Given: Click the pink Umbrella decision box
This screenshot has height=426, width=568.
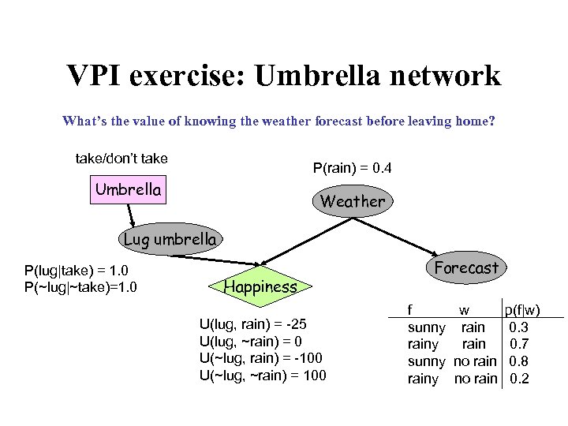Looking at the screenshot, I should click(x=128, y=190).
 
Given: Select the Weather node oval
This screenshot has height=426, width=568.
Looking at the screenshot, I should click(x=352, y=201).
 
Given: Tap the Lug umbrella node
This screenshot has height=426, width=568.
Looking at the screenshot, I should click(x=169, y=239).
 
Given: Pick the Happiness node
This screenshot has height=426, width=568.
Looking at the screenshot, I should click(x=261, y=287).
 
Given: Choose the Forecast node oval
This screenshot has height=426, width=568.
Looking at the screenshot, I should click(x=466, y=268).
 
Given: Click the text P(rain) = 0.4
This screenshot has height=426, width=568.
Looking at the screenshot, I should click(x=352, y=169).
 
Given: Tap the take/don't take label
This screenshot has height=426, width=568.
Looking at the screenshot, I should click(x=121, y=159).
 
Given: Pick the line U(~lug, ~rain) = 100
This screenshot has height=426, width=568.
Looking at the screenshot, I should click(x=263, y=375).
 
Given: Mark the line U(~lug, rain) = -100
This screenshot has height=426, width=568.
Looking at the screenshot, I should click(x=261, y=358).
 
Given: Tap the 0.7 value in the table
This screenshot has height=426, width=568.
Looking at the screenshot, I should click(x=519, y=344).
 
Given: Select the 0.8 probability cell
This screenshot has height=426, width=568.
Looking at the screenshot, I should click(x=519, y=361).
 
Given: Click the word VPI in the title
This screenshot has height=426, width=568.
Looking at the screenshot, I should click(x=99, y=76).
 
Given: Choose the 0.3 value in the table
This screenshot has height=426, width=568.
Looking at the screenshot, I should click(x=519, y=327).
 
